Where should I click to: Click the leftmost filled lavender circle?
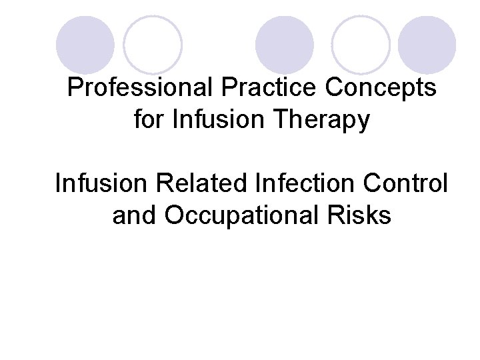pyautogui.click(x=85, y=45)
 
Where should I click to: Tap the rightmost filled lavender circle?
pyautogui.click(x=427, y=45)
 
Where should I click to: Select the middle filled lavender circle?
pyautogui.click(x=285, y=45)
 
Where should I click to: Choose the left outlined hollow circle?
pyautogui.click(x=153, y=45)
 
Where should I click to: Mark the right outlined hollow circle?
pyautogui.click(x=361, y=45)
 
